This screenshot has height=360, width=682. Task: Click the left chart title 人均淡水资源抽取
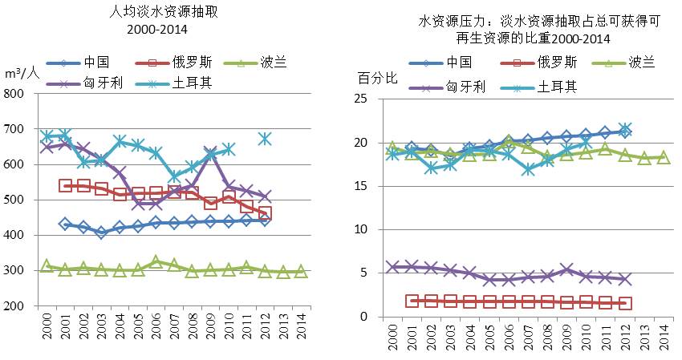coord(166,11)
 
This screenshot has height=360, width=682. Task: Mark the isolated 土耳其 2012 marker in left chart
coord(265,140)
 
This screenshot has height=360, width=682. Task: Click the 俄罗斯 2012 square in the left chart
coord(265,213)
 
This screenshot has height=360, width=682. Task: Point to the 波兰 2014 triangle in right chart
coord(664,157)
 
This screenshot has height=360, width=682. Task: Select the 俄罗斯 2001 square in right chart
coord(412,301)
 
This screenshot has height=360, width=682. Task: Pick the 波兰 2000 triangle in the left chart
coord(47,266)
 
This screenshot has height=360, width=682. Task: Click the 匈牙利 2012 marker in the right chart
coord(626,279)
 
